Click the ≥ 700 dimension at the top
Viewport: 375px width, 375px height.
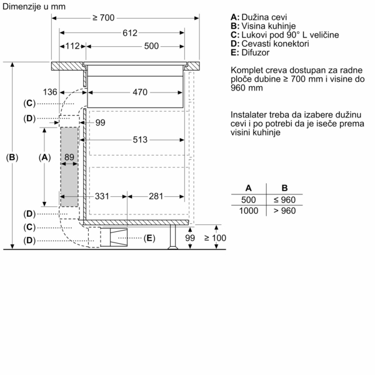[x=103, y=18]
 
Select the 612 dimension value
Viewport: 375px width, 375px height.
[x=129, y=32]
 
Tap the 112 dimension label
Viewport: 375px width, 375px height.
[x=73, y=46]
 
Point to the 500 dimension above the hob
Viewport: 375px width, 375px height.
[x=151, y=46]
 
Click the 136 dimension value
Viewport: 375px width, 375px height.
[x=50, y=92]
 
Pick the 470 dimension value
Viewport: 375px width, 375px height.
[x=139, y=92]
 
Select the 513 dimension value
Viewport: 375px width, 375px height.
[x=139, y=140]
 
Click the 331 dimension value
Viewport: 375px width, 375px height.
[x=102, y=196]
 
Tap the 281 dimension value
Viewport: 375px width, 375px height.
[x=156, y=196]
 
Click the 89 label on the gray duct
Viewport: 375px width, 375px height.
[x=69, y=157]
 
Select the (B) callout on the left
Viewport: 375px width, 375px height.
[x=12, y=157]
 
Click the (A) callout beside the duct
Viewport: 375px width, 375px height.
[x=44, y=157]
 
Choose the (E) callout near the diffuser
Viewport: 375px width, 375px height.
[x=149, y=238]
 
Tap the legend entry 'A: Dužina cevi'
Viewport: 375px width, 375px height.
[x=258, y=17]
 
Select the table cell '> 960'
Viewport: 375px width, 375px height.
[x=284, y=211]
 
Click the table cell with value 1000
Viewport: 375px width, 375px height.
[x=249, y=211]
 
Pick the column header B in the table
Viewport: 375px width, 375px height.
[x=284, y=187]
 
